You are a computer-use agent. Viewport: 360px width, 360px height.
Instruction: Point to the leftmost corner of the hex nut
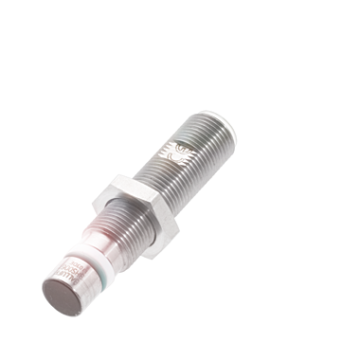click(94, 201)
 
